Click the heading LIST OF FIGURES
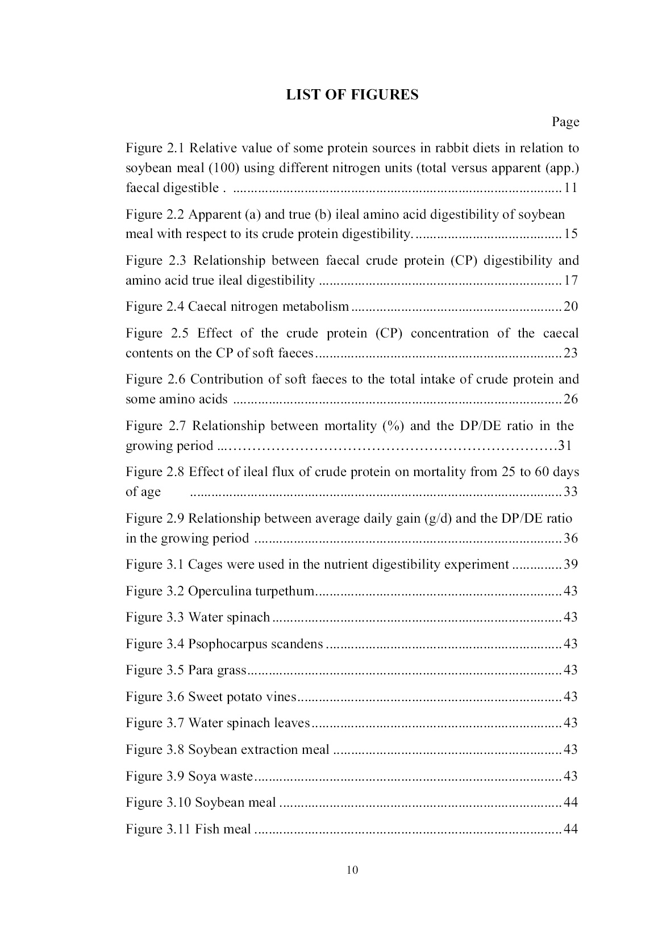coord(352,95)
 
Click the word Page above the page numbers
coord(565,122)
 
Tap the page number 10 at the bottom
coord(352,870)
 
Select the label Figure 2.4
coord(155,307)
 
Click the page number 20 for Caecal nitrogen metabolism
coord(570,307)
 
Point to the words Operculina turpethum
coord(251,591)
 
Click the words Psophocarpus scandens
coord(255,644)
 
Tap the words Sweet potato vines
coord(242,697)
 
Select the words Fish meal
coord(223,829)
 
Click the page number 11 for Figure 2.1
coord(570,188)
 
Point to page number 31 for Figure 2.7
coord(564,445)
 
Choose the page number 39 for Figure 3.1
coord(570,565)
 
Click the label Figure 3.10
coord(158,802)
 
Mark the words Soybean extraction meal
coord(259,749)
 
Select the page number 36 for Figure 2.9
coord(570,538)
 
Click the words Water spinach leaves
coord(248,723)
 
